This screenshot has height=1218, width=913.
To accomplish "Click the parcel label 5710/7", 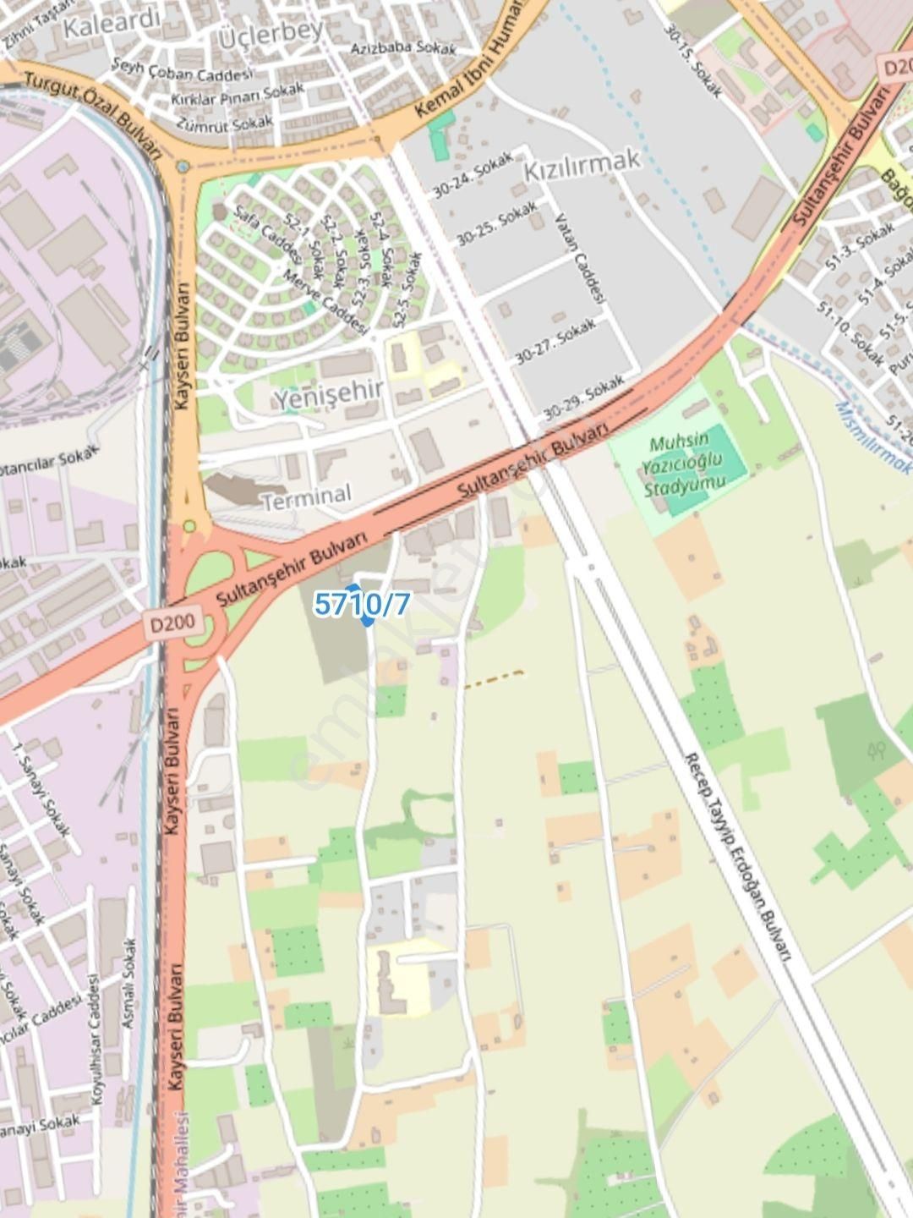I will click(362, 604).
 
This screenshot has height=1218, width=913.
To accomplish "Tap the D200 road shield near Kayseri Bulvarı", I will click(172, 624).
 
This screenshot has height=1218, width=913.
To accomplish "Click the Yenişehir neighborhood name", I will click(328, 394).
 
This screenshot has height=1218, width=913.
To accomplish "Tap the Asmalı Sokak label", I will click(128, 983).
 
